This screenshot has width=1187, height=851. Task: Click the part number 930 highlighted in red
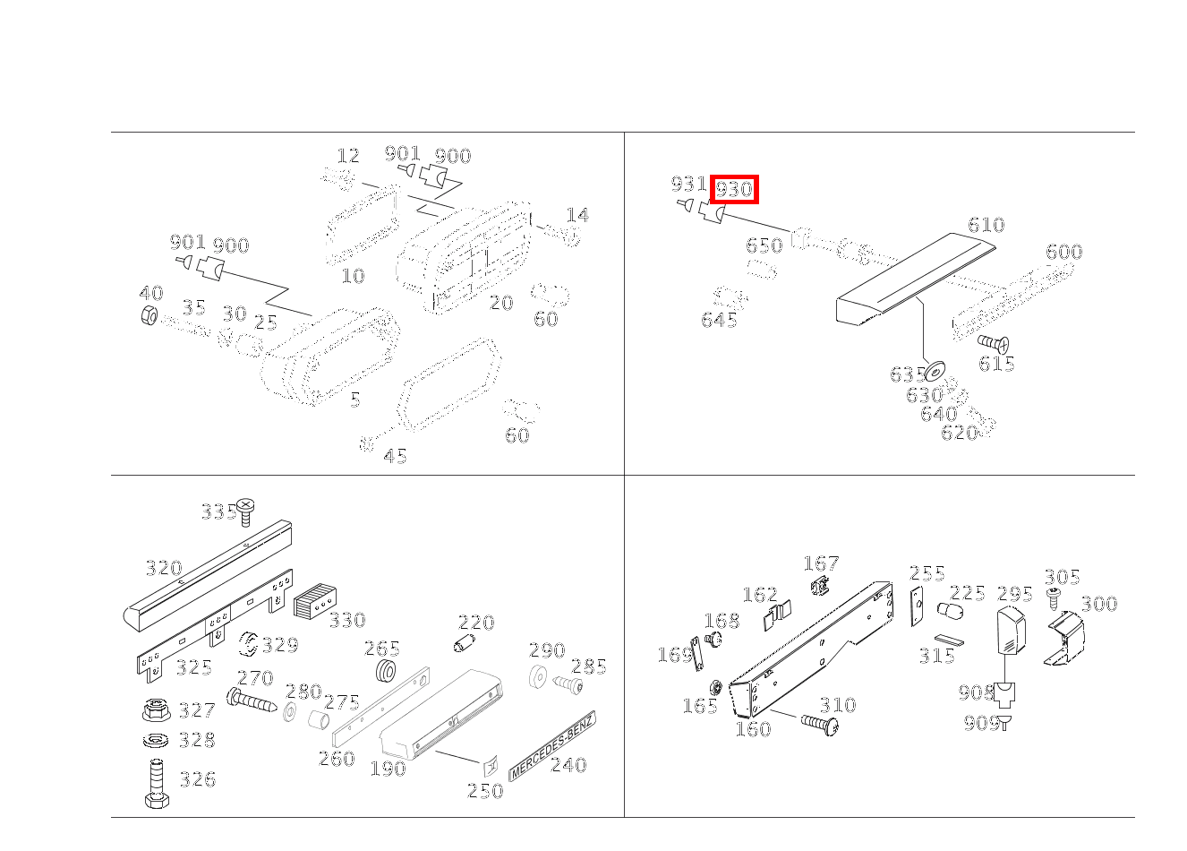(x=734, y=190)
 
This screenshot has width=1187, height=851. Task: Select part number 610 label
(x=986, y=225)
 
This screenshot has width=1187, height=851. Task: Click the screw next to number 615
(x=993, y=342)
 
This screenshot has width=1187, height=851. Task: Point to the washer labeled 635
(x=936, y=369)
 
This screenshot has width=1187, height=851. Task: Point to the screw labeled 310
(x=819, y=723)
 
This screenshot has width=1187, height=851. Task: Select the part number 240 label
(x=568, y=765)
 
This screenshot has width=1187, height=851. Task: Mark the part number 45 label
(x=395, y=457)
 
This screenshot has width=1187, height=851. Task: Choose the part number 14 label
(x=577, y=215)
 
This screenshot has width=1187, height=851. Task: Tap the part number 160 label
(x=752, y=729)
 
